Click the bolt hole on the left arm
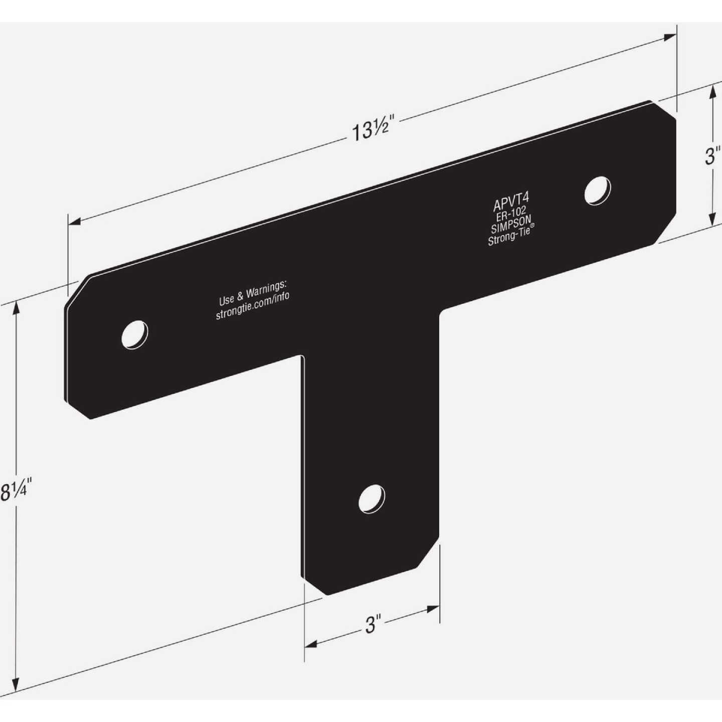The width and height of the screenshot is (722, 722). [135, 334]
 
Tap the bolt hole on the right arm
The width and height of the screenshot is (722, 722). [598, 191]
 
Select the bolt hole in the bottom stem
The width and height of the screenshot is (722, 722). [372, 499]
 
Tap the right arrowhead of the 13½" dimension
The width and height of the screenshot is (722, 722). [670, 37]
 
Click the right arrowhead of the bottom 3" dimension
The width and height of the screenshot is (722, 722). [434, 609]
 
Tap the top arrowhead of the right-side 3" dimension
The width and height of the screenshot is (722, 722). [711, 91]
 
